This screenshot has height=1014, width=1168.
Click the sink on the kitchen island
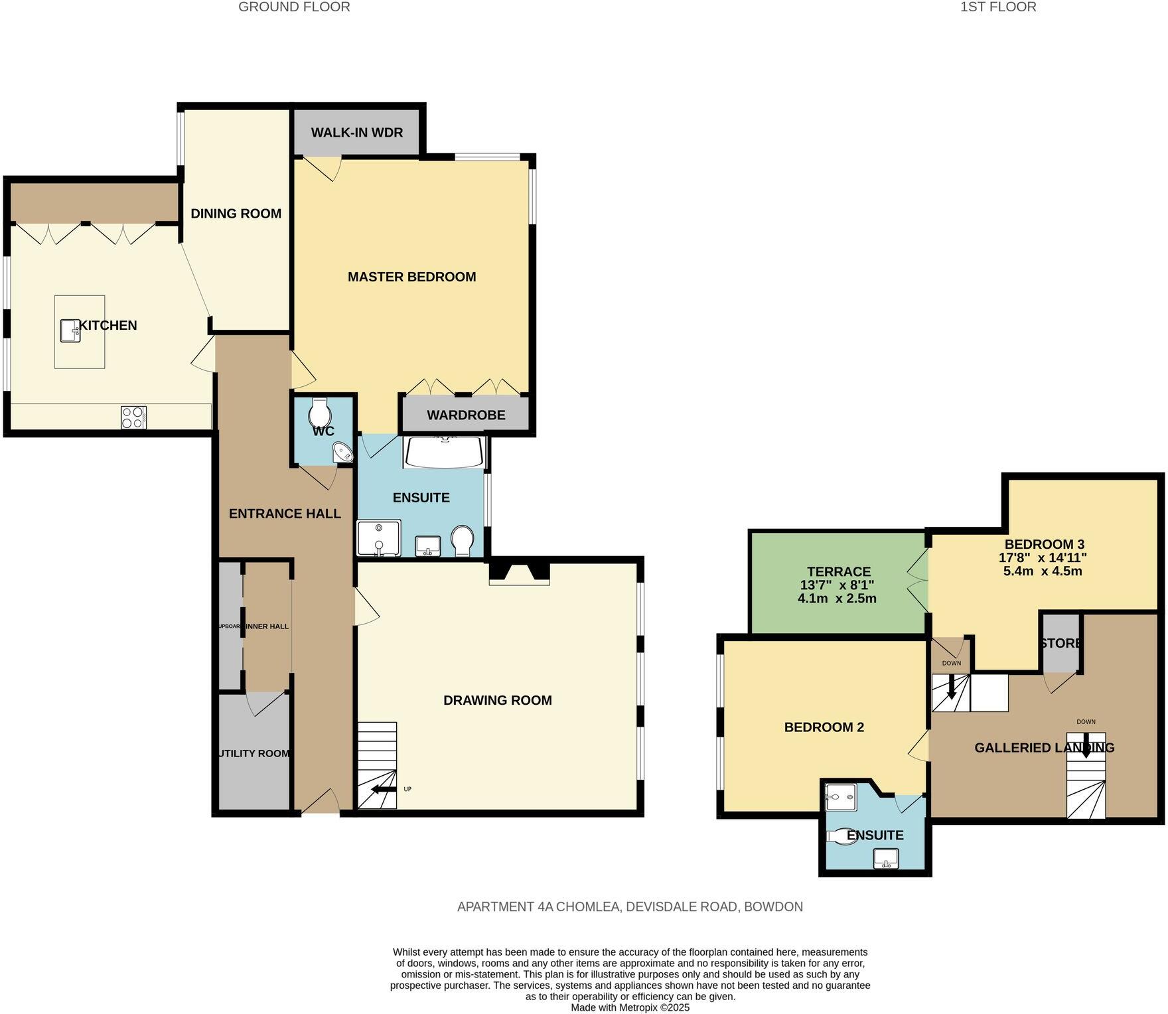[70, 330]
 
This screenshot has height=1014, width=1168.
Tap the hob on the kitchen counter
[133, 417]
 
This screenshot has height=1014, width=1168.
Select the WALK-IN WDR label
[357, 132]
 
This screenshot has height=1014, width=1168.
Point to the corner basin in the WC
[344, 453]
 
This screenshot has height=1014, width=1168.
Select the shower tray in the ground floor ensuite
[378, 538]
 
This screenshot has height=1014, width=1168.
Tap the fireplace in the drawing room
[520, 573]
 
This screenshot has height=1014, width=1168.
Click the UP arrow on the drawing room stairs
[382, 789]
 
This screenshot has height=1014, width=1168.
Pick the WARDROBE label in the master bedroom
[466, 415]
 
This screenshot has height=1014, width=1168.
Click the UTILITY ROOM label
[254, 753]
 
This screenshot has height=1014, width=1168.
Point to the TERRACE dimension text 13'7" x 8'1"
[837, 585]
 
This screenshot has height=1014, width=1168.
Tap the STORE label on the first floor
[1061, 643]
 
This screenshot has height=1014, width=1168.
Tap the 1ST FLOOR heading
[997, 7]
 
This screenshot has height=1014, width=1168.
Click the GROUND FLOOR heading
[294, 7]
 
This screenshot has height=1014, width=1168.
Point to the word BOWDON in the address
[773, 906]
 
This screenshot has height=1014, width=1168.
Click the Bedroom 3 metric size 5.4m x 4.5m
[1043, 571]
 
